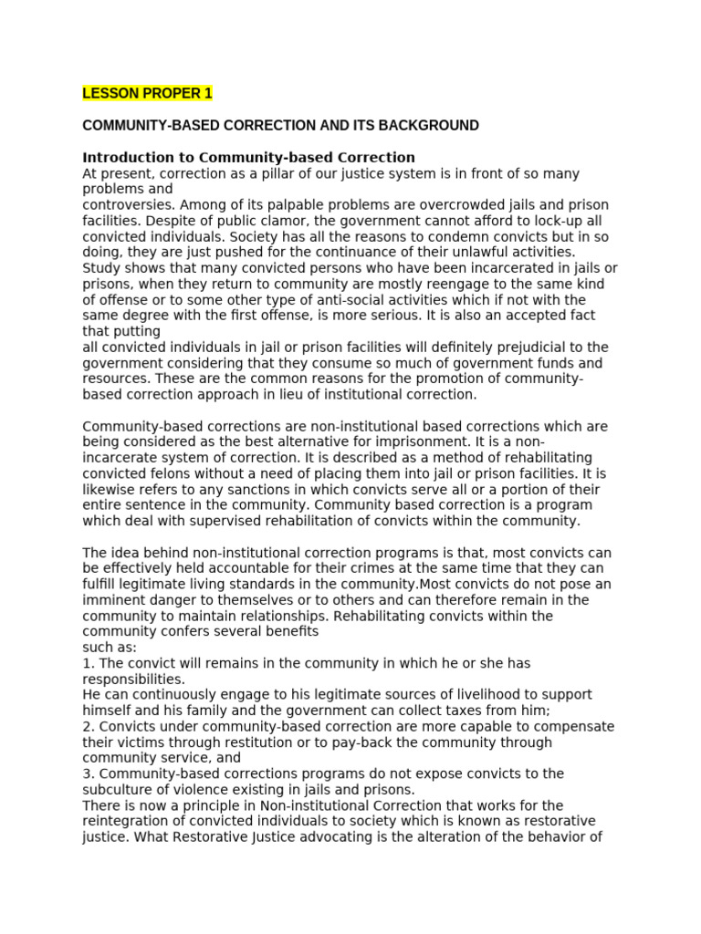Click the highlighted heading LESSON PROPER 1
pos(147,93)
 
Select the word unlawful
pos(468,252)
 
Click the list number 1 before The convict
pos(87,663)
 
